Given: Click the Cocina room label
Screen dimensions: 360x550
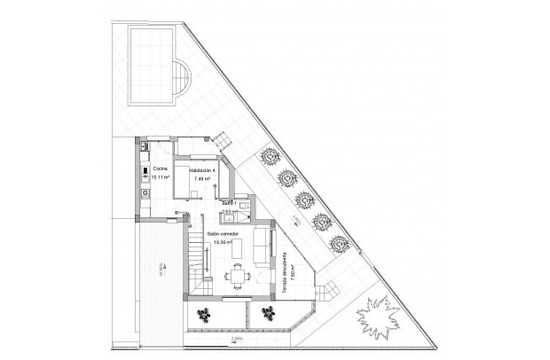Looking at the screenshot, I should point(160,168).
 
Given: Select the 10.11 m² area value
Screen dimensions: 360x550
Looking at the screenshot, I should point(160,176).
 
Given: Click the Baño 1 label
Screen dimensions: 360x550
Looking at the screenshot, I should point(229,203).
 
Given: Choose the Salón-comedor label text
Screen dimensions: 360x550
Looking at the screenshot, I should point(222,234).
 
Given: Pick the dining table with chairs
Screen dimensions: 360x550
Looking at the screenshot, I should point(237,276).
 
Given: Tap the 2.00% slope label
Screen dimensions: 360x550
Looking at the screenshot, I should point(236,339).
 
